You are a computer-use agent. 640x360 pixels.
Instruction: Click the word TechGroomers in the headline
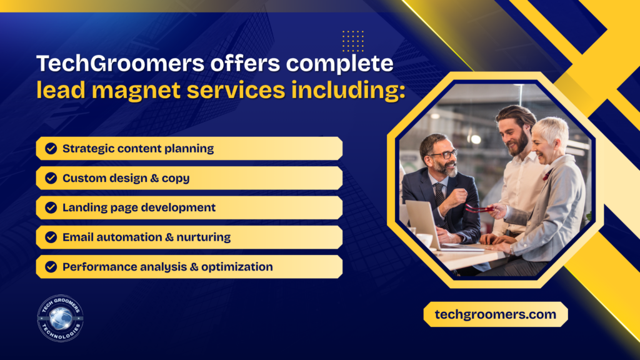pyautogui.click(x=121, y=63)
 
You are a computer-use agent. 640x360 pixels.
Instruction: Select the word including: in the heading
pyautogui.click(x=348, y=90)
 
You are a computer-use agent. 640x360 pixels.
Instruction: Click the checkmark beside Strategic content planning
pyautogui.click(x=51, y=148)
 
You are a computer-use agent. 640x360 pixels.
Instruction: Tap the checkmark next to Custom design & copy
pyautogui.click(x=51, y=178)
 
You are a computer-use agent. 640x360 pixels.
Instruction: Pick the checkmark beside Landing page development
pyautogui.click(x=51, y=207)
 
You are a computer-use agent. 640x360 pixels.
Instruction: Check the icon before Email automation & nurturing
pyautogui.click(x=51, y=237)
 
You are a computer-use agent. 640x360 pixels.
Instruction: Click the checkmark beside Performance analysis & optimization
pyautogui.click(x=51, y=266)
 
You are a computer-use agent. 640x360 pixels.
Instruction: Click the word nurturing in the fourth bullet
pyautogui.click(x=204, y=237)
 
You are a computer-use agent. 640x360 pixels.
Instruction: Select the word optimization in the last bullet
pyautogui.click(x=237, y=267)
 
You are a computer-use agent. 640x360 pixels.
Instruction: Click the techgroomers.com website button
pyautogui.click(x=496, y=314)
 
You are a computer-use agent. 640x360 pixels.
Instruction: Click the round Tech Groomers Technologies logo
pyautogui.click(x=61, y=318)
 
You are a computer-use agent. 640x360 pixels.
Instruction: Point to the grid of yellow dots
pyautogui.click(x=353, y=41)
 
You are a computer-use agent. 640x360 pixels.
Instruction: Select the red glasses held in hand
pyautogui.click(x=479, y=209)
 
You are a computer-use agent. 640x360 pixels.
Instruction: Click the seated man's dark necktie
pyautogui.click(x=440, y=196)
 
